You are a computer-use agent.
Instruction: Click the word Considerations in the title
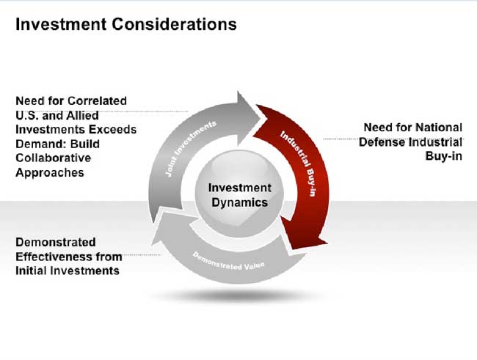point(175,24)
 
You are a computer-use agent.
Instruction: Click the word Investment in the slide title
point(61,24)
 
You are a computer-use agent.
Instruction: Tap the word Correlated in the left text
point(97,101)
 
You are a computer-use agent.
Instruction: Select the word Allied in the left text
point(82,116)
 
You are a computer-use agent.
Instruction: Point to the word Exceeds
point(113,130)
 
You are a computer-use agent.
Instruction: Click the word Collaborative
point(54,158)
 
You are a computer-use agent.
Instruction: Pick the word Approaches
point(50,173)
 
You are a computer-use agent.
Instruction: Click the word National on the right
point(438,128)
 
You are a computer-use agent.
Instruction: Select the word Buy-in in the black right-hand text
point(444,156)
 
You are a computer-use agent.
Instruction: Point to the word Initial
point(31,271)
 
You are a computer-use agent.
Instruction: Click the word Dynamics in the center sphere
point(240,203)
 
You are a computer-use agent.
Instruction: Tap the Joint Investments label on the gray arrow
point(191,149)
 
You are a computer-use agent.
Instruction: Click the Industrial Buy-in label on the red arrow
point(299,164)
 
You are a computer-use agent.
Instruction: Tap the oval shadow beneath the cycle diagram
point(238,295)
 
